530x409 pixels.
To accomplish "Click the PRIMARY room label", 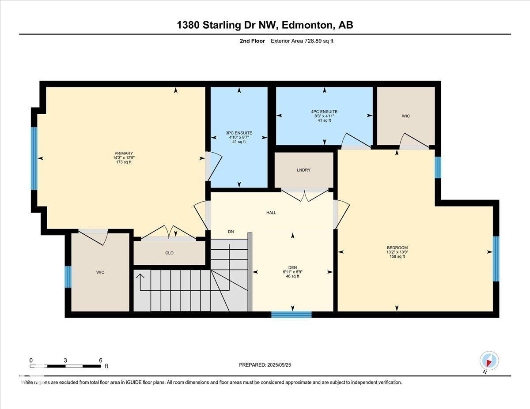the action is [124, 153].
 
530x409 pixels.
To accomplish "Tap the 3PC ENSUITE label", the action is [239, 133].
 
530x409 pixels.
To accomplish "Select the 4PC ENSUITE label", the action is [324, 112].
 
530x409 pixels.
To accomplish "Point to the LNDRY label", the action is [304, 170].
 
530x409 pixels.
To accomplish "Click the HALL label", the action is [271, 213].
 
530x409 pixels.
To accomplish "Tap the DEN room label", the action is [293, 268].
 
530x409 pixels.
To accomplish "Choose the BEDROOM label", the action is [397, 248].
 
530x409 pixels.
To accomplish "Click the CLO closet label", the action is [169, 253].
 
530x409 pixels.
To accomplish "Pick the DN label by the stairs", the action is [231, 232].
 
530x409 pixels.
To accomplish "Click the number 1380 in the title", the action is [188, 25].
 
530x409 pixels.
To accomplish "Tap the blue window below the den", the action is [291, 315].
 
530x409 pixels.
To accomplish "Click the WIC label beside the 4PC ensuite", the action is [406, 116].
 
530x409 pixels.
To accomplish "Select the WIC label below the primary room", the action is [100, 272].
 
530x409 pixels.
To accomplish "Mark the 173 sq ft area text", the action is [124, 162].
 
